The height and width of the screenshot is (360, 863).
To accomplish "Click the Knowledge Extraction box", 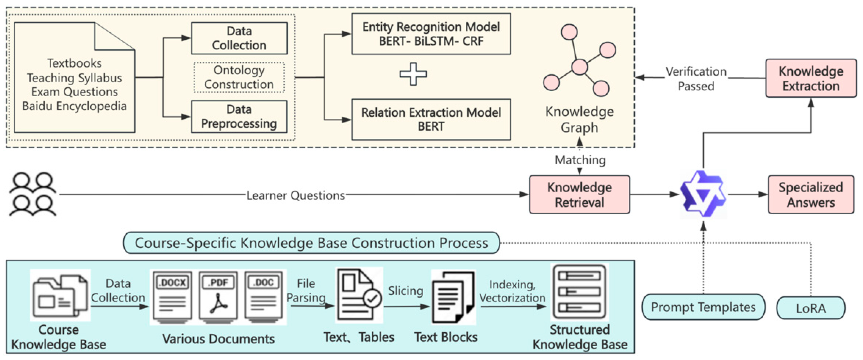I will (x=811, y=78).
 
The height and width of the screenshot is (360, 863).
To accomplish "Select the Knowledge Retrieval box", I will (x=579, y=195).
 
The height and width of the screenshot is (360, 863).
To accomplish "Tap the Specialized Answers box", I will (x=811, y=195).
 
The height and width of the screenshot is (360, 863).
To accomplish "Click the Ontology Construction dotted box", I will (x=239, y=77).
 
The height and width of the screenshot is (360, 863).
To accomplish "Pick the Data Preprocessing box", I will (x=239, y=117).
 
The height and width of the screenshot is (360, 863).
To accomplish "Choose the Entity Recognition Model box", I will (x=431, y=33).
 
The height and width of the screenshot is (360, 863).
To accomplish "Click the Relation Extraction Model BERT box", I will (x=431, y=119).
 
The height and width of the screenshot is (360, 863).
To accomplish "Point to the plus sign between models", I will (x=413, y=74).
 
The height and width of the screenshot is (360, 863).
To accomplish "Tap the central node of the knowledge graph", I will (x=580, y=67).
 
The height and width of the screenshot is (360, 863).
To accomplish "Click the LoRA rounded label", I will (x=811, y=308).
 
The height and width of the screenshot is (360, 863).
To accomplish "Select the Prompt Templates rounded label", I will (x=703, y=307).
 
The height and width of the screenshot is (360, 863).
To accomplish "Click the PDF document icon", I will (x=218, y=297).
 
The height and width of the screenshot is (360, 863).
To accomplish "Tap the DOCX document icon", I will (x=172, y=297).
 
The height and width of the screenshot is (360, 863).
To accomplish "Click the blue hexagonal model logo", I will (x=703, y=194).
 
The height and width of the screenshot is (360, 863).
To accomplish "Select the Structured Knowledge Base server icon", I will (x=579, y=292).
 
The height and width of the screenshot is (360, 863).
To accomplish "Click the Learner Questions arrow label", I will (x=295, y=195).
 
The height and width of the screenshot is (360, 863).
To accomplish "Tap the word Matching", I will (x=580, y=160).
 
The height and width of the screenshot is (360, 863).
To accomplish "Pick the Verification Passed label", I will (x=696, y=79).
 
